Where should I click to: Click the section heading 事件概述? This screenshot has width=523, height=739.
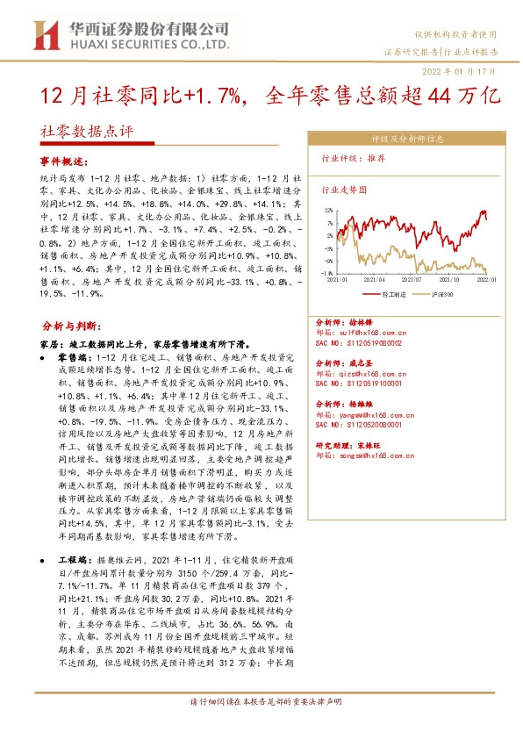coord(65,162)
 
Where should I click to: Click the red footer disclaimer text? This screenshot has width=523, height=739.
coord(261,725)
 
